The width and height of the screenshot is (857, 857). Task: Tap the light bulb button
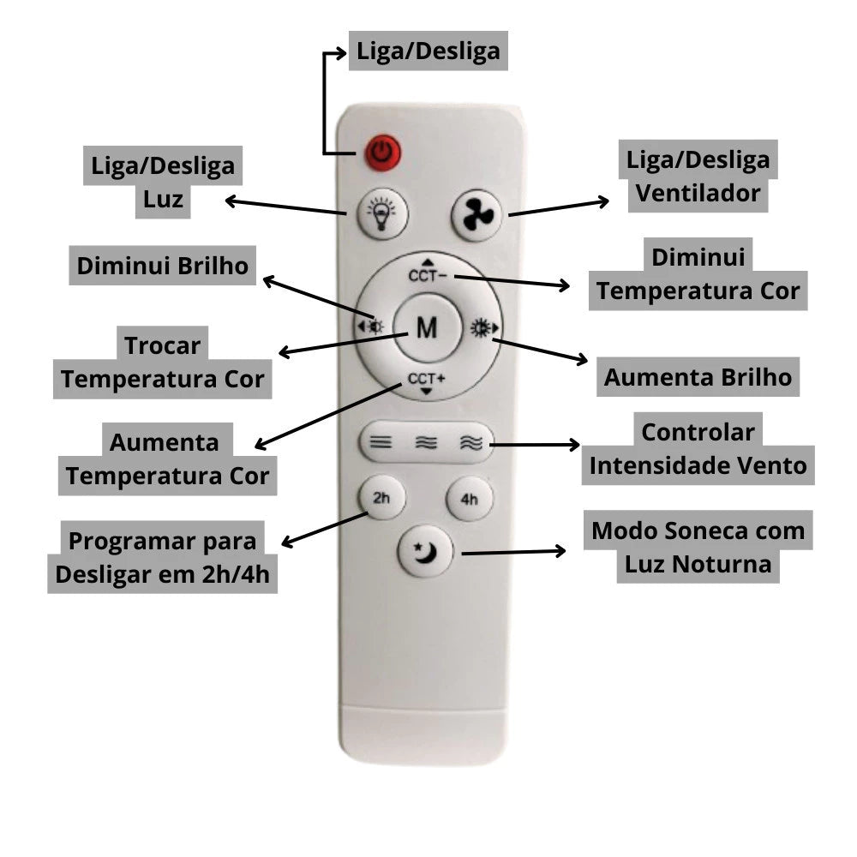coord(377,213)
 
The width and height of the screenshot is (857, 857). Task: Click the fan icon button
coord(476,214)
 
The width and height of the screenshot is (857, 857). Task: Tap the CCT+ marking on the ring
coord(427,380)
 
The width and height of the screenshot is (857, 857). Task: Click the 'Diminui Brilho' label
coord(162,266)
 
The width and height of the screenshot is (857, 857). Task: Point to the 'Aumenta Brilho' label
coord(698,377)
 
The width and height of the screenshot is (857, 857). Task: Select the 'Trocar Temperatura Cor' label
coord(163,363)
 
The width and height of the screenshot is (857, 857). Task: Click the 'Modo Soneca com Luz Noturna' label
coord(698,548)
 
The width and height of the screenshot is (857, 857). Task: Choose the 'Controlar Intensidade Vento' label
coord(698,448)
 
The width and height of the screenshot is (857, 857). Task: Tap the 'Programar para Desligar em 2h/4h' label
coord(162,558)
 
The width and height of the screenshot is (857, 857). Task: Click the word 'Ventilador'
coord(698,193)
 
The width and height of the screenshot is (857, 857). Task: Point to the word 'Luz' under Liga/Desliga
coord(163,199)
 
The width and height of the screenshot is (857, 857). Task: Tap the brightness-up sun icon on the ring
coord(482,326)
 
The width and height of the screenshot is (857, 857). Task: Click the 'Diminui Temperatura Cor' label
coord(698,274)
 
